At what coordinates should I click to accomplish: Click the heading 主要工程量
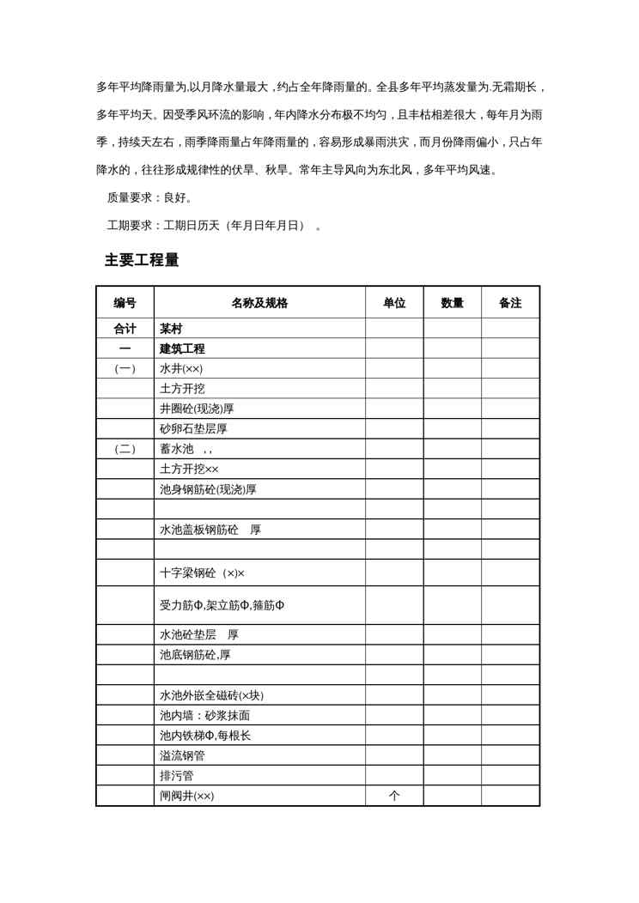pyautogui.click(x=142, y=260)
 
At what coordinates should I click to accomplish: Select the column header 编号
pyautogui.click(x=125, y=303)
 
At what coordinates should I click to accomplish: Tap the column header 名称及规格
pyautogui.click(x=259, y=303)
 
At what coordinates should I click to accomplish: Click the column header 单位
pyautogui.click(x=394, y=303)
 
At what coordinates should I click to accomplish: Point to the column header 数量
pyautogui.click(x=452, y=303)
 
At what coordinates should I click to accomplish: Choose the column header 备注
pyautogui.click(x=510, y=303)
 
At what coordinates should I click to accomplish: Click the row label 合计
pyautogui.click(x=125, y=329)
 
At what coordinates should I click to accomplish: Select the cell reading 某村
pyautogui.click(x=171, y=329)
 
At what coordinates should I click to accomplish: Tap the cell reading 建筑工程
pyautogui.click(x=182, y=348)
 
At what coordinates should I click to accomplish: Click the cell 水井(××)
pyautogui.click(x=181, y=369)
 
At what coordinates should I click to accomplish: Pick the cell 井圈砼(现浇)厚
pyautogui.click(x=197, y=409)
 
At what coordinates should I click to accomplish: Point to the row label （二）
pyautogui.click(x=125, y=449)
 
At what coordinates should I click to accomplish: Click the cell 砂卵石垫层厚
pyautogui.click(x=193, y=429)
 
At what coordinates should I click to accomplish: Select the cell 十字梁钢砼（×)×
pyautogui.click(x=203, y=573)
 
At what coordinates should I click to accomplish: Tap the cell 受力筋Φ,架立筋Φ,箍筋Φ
pyautogui.click(x=222, y=605)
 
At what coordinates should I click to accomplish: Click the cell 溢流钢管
pyautogui.click(x=182, y=755)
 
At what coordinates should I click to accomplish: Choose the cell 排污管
pyautogui.click(x=176, y=776)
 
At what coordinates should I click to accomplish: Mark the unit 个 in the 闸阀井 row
pyautogui.click(x=394, y=796)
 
